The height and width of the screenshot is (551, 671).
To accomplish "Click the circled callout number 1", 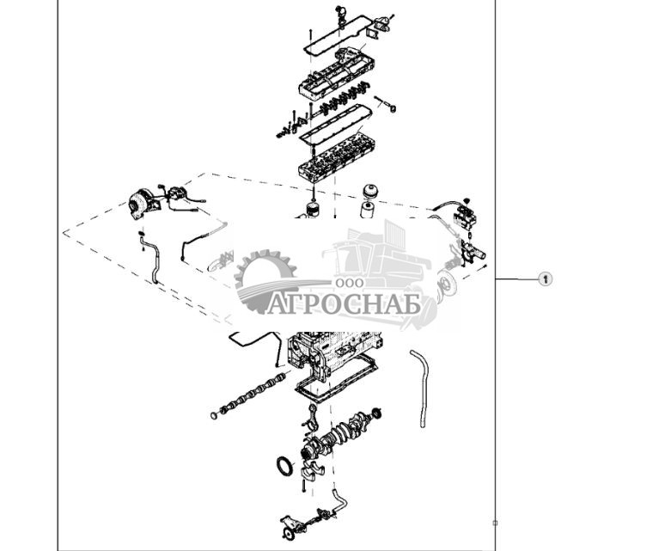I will coord(545,279).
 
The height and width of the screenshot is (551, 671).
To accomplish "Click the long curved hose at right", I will coord(421,387).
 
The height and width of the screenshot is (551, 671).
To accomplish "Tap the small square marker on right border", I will coord(495,523).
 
